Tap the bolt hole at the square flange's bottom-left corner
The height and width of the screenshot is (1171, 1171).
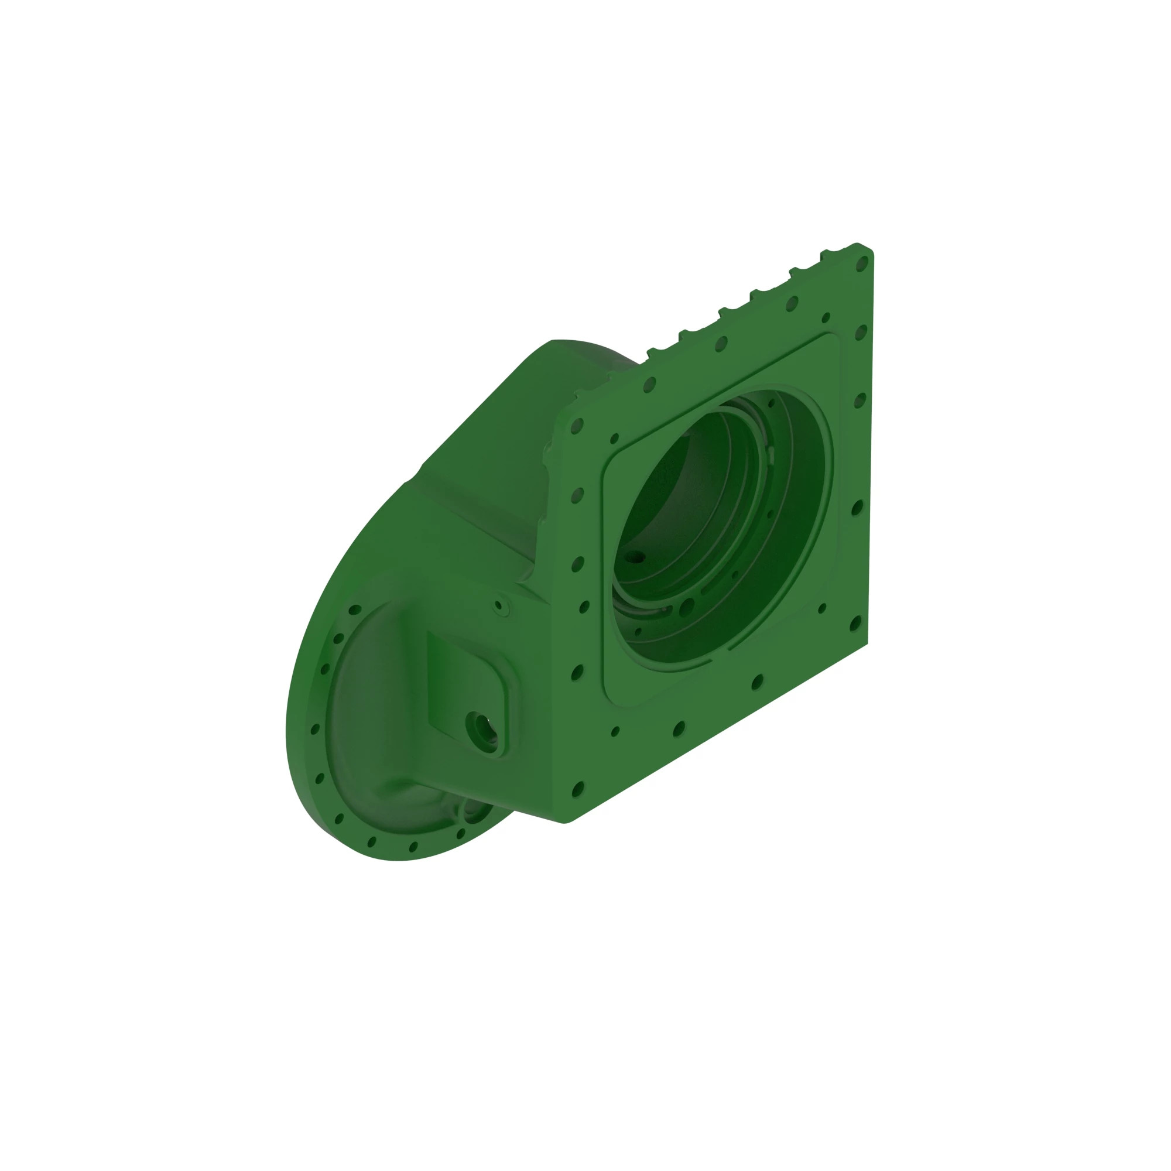pyautogui.click(x=577, y=789)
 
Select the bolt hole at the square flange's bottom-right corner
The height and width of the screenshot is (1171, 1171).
pyautogui.click(x=855, y=622)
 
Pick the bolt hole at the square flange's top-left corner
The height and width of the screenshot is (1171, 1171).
pyautogui.click(x=576, y=427)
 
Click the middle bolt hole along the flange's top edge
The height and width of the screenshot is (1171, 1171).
pyautogui.click(x=721, y=344)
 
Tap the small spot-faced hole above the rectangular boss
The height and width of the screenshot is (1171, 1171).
pyautogui.click(x=499, y=605)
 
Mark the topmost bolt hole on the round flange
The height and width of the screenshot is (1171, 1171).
pyautogui.click(x=355, y=610)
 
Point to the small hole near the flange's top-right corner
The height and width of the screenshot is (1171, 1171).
pyautogui.click(x=826, y=317)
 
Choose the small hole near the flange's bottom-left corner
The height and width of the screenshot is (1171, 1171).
pyautogui.click(x=615, y=731)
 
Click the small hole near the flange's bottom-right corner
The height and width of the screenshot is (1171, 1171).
pyautogui.click(x=822, y=608)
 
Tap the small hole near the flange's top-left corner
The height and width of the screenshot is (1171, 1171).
pyautogui.click(x=615, y=438)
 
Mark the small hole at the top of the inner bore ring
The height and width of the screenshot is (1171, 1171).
pyautogui.click(x=772, y=403)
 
